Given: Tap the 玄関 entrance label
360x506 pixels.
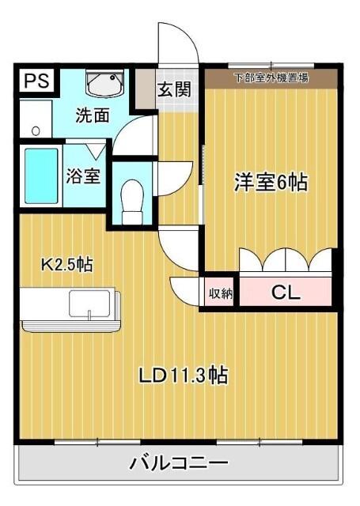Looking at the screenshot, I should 174,89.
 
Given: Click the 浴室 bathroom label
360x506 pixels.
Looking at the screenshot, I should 83,175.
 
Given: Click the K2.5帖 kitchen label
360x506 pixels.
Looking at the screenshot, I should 66,264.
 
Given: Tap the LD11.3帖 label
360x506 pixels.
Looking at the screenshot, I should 185,376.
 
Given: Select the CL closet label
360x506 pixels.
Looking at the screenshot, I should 286,293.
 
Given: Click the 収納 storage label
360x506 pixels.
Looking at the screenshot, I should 220,293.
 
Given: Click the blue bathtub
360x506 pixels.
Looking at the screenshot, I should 40,176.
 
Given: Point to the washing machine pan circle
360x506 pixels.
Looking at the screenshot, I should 34,129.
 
